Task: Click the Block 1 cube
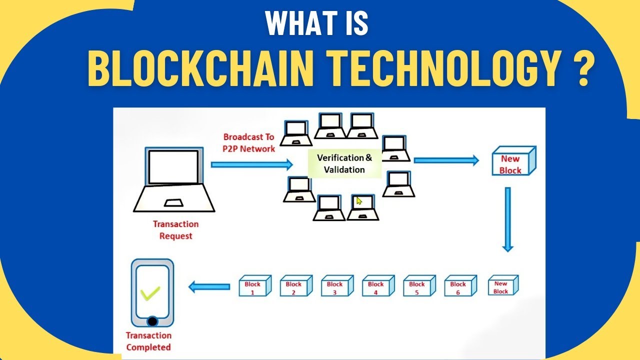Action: (254, 286)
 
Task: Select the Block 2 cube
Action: (295, 286)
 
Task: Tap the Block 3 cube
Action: (336, 286)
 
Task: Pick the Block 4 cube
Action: (377, 286)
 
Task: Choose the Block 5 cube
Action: (418, 286)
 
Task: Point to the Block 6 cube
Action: (459, 286)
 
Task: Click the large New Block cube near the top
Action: (512, 162)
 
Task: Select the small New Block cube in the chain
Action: (502, 286)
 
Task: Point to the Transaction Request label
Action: (175, 230)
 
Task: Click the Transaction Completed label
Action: (148, 341)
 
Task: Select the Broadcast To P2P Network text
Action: (249, 142)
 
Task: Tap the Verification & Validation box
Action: (344, 163)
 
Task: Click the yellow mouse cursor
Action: (359, 201)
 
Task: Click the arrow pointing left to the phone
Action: (209, 286)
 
